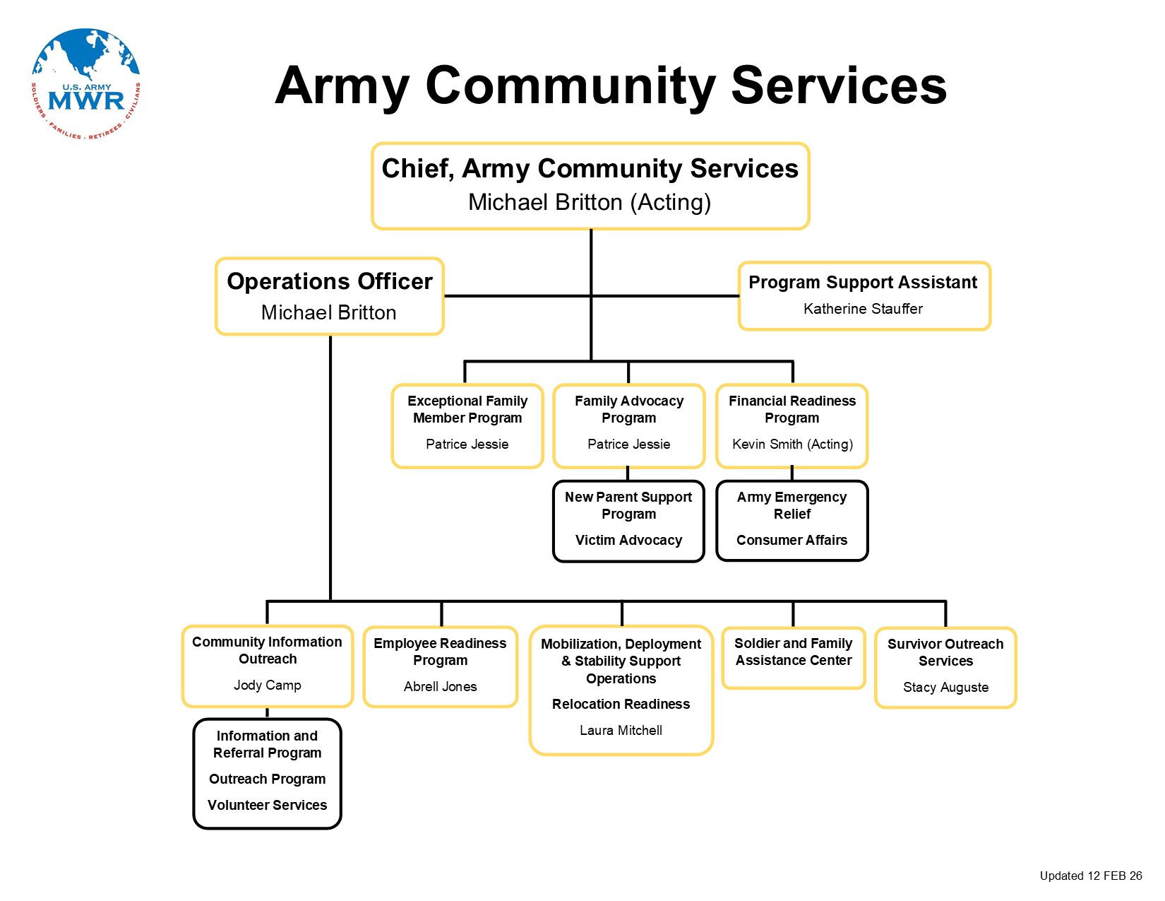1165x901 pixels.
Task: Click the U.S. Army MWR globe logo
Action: point(86,84)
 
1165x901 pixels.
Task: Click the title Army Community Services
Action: point(611,86)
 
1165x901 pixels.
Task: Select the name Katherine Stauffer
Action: point(863,309)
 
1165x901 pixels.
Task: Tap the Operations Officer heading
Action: point(329,281)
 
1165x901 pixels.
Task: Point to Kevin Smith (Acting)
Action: point(792,444)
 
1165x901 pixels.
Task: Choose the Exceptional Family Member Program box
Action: point(467,425)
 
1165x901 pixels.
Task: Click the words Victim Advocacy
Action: point(628,540)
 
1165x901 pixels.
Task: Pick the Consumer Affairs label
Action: point(791,540)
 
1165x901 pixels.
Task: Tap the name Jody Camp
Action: point(268,685)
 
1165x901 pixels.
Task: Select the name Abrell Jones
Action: point(440,686)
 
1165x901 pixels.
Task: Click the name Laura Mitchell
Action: point(621,730)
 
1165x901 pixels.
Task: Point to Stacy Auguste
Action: point(945,687)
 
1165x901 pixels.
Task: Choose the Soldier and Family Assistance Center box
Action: point(794,657)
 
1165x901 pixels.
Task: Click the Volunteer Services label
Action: point(268,805)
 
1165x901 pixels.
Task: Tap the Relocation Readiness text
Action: point(621,704)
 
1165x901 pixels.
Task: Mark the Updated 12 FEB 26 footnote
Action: point(1090,876)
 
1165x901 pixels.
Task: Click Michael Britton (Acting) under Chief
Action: point(590,202)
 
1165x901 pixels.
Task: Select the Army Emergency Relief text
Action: point(791,505)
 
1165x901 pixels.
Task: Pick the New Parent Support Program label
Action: point(628,505)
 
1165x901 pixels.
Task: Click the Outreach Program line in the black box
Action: point(268,779)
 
